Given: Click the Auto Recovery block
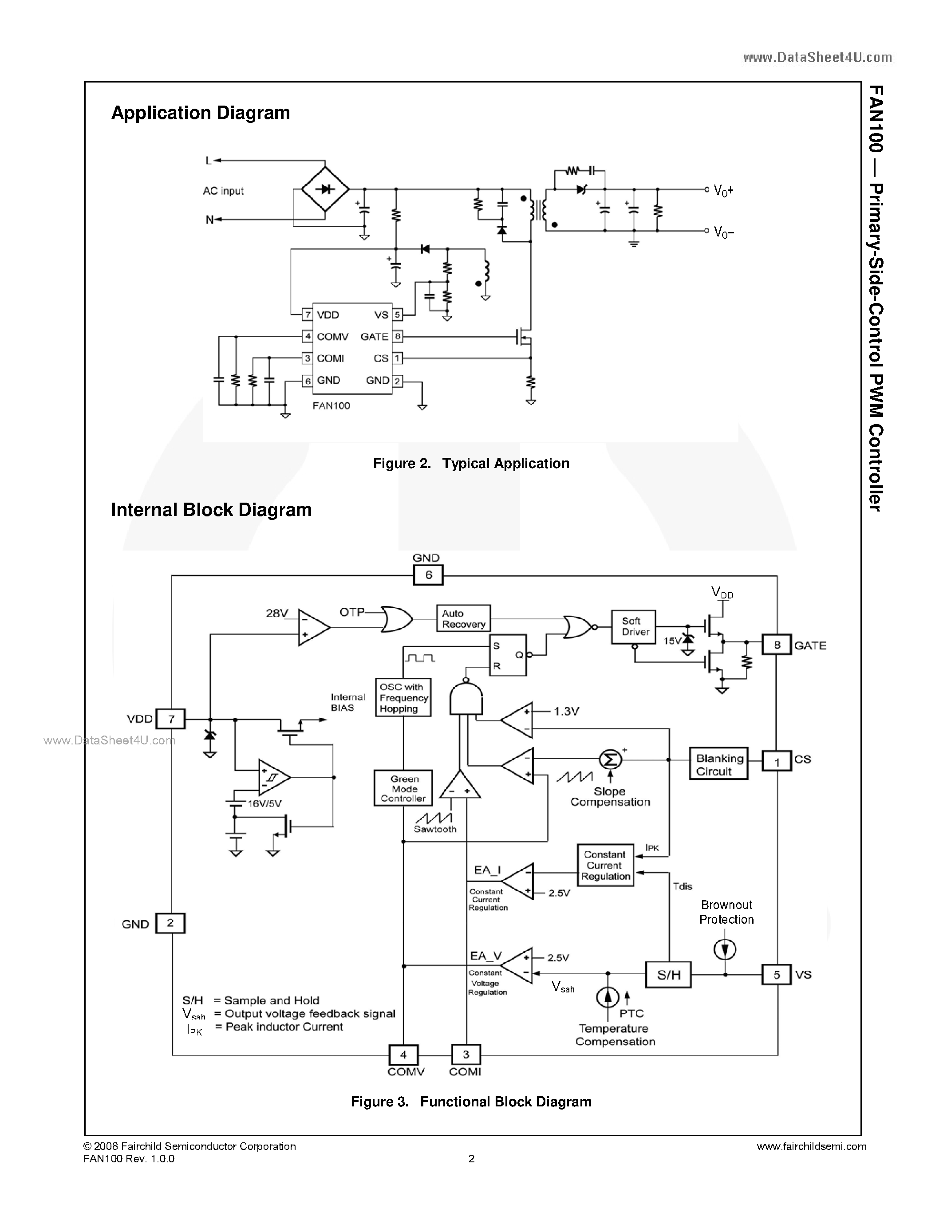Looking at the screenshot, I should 463,618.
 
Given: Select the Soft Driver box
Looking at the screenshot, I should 634,626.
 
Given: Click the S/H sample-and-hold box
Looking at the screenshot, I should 668,975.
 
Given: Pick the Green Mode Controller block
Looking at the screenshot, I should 403,788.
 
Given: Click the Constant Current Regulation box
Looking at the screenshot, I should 605,865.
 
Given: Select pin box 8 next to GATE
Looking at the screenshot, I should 777,645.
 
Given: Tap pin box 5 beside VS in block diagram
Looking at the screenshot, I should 777,975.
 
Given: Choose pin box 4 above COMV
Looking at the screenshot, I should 403,1055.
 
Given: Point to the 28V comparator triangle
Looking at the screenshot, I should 312,627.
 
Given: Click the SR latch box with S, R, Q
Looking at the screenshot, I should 508,655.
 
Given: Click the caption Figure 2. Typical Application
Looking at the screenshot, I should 471,463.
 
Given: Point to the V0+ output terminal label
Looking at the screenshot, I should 723,191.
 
